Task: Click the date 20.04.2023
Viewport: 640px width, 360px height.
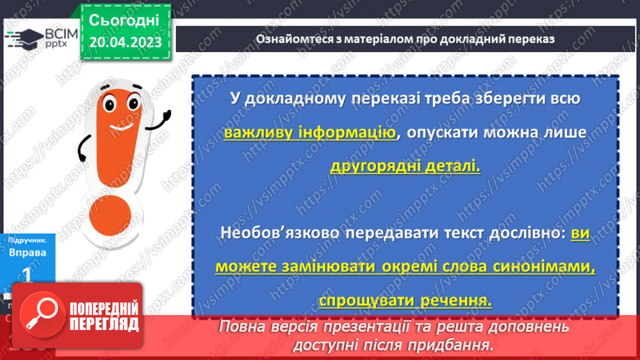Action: tap(125, 42)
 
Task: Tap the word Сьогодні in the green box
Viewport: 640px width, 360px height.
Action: tap(125, 19)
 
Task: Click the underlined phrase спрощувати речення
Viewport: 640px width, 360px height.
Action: tap(405, 300)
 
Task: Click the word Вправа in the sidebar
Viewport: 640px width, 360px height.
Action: tap(28, 253)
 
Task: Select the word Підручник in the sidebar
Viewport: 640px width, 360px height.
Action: tap(28, 240)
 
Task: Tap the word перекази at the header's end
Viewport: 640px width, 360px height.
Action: tap(530, 39)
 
